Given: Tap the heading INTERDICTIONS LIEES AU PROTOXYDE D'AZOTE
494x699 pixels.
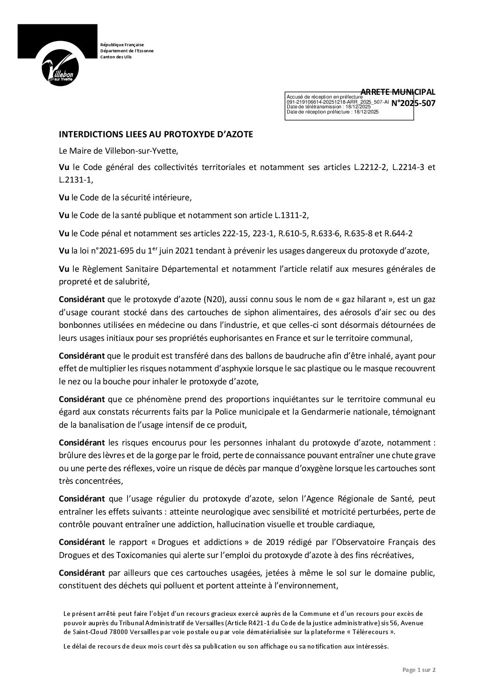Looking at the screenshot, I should tap(155, 134).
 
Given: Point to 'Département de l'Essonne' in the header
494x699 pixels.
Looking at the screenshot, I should tap(127, 50).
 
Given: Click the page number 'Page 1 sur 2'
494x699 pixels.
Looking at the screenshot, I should tap(419, 683).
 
